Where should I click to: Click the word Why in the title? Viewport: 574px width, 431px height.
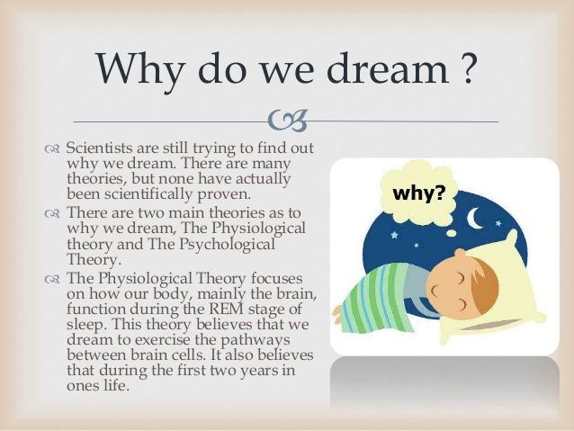click(139, 68)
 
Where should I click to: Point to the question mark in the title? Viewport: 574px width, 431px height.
click(467, 68)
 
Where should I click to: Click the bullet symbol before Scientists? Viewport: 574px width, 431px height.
click(51, 149)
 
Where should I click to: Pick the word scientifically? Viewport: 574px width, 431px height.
click(148, 194)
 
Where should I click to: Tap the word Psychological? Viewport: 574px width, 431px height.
click(227, 245)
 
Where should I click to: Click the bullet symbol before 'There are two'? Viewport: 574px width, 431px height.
click(51, 213)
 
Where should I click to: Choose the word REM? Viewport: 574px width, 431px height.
click(227, 309)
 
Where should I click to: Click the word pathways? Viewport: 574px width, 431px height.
click(256, 340)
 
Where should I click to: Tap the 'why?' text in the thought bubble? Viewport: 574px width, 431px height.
click(418, 193)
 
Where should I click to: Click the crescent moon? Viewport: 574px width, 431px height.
click(475, 218)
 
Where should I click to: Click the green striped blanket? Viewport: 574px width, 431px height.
click(373, 297)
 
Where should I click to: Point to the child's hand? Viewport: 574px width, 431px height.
click(339, 314)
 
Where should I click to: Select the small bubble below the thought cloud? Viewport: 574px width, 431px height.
click(453, 232)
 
